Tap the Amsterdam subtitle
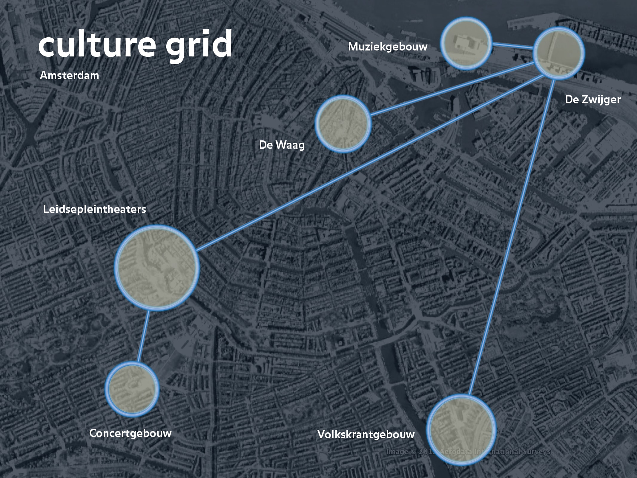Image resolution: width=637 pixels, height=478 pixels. click(69, 75)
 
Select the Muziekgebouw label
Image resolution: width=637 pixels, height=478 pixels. click(388, 47)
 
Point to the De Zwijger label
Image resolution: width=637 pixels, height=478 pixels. click(593, 99)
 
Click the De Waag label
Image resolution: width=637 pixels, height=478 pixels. click(282, 145)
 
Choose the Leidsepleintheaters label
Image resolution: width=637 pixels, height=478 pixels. click(94, 209)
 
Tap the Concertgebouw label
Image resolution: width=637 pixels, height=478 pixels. click(130, 433)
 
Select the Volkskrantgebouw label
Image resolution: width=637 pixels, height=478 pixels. click(366, 434)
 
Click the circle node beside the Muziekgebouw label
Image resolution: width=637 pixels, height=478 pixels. click(466, 44)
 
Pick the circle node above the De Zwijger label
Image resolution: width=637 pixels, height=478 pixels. click(559, 53)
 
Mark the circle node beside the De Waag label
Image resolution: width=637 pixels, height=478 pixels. click(343, 124)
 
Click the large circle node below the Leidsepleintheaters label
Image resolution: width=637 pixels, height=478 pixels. click(157, 268)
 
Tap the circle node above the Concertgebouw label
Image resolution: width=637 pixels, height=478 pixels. click(132, 388)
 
